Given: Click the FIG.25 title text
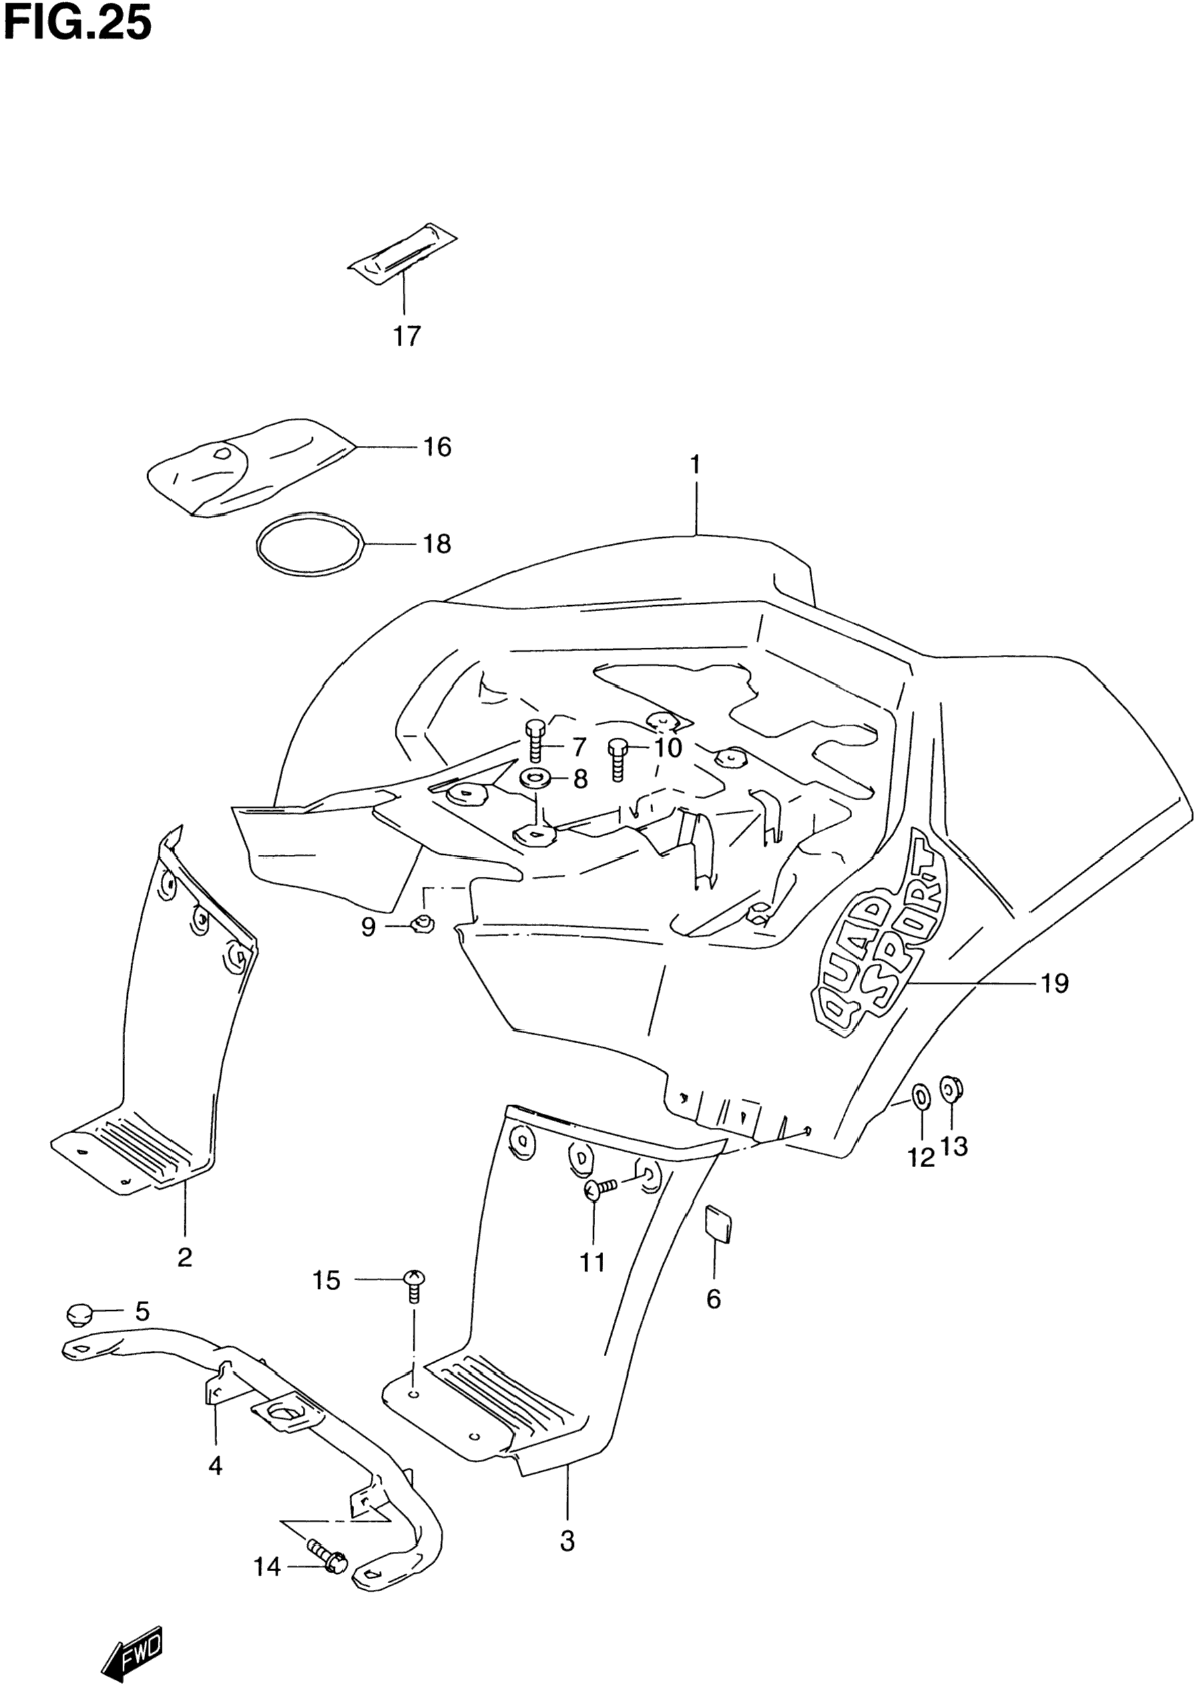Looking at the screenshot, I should [x=77, y=24].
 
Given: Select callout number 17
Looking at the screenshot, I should [x=406, y=337].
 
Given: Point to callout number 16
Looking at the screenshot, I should [x=437, y=447].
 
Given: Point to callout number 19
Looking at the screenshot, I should [x=1055, y=984].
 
